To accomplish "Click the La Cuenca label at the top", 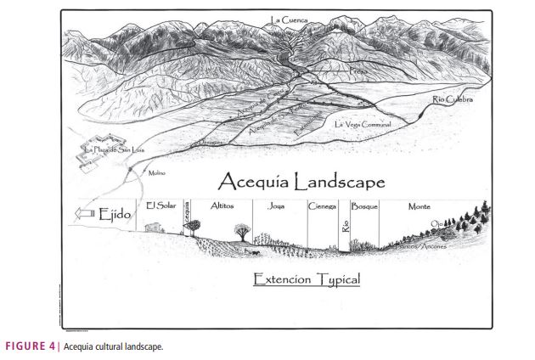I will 290,20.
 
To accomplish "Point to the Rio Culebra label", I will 452,100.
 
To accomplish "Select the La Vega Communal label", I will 363,125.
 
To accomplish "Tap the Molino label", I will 156,173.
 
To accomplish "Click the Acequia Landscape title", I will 301,182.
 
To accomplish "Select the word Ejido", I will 116,216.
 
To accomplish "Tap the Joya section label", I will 277,206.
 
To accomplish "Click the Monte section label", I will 419,206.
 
